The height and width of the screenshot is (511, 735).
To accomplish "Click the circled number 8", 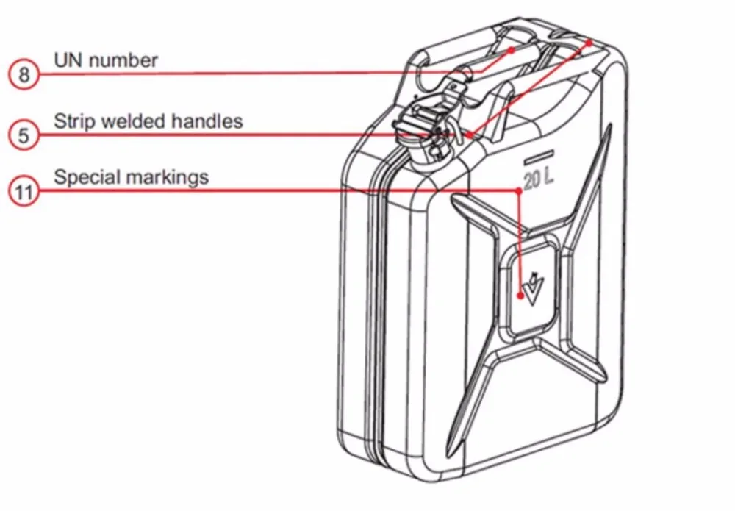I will point(24,74).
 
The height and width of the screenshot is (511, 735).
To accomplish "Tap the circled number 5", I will point(24,135).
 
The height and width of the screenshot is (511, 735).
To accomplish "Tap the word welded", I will point(138,120).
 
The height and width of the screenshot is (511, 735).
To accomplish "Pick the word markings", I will point(168,177).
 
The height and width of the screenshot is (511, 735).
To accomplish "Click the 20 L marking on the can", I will point(540,179).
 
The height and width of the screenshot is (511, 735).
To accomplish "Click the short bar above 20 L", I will point(537,157).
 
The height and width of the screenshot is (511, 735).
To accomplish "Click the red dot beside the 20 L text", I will point(519,189).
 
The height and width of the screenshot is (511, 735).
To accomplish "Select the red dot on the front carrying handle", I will point(513,50).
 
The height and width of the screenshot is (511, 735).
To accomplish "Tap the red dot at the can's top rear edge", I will point(589,43).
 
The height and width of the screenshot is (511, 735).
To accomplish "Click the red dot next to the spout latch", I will point(468,135).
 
